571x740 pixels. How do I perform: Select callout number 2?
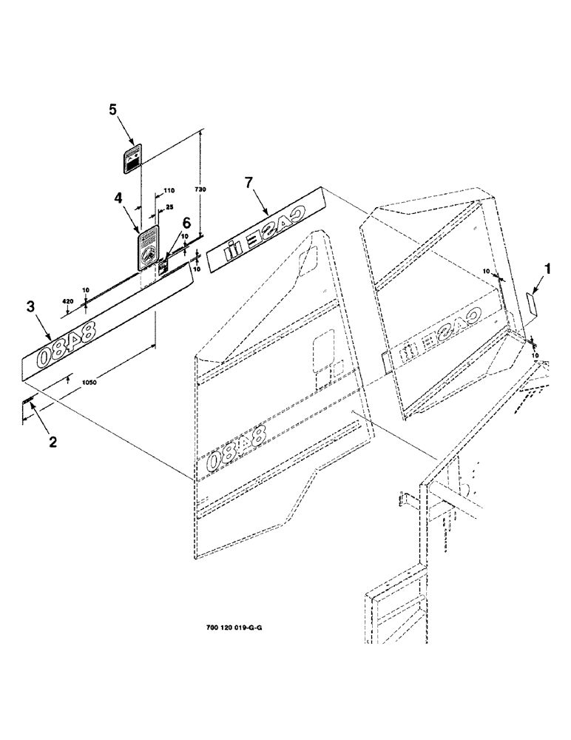(52, 443)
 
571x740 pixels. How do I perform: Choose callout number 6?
(186, 222)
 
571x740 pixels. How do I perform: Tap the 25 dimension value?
(169, 208)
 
